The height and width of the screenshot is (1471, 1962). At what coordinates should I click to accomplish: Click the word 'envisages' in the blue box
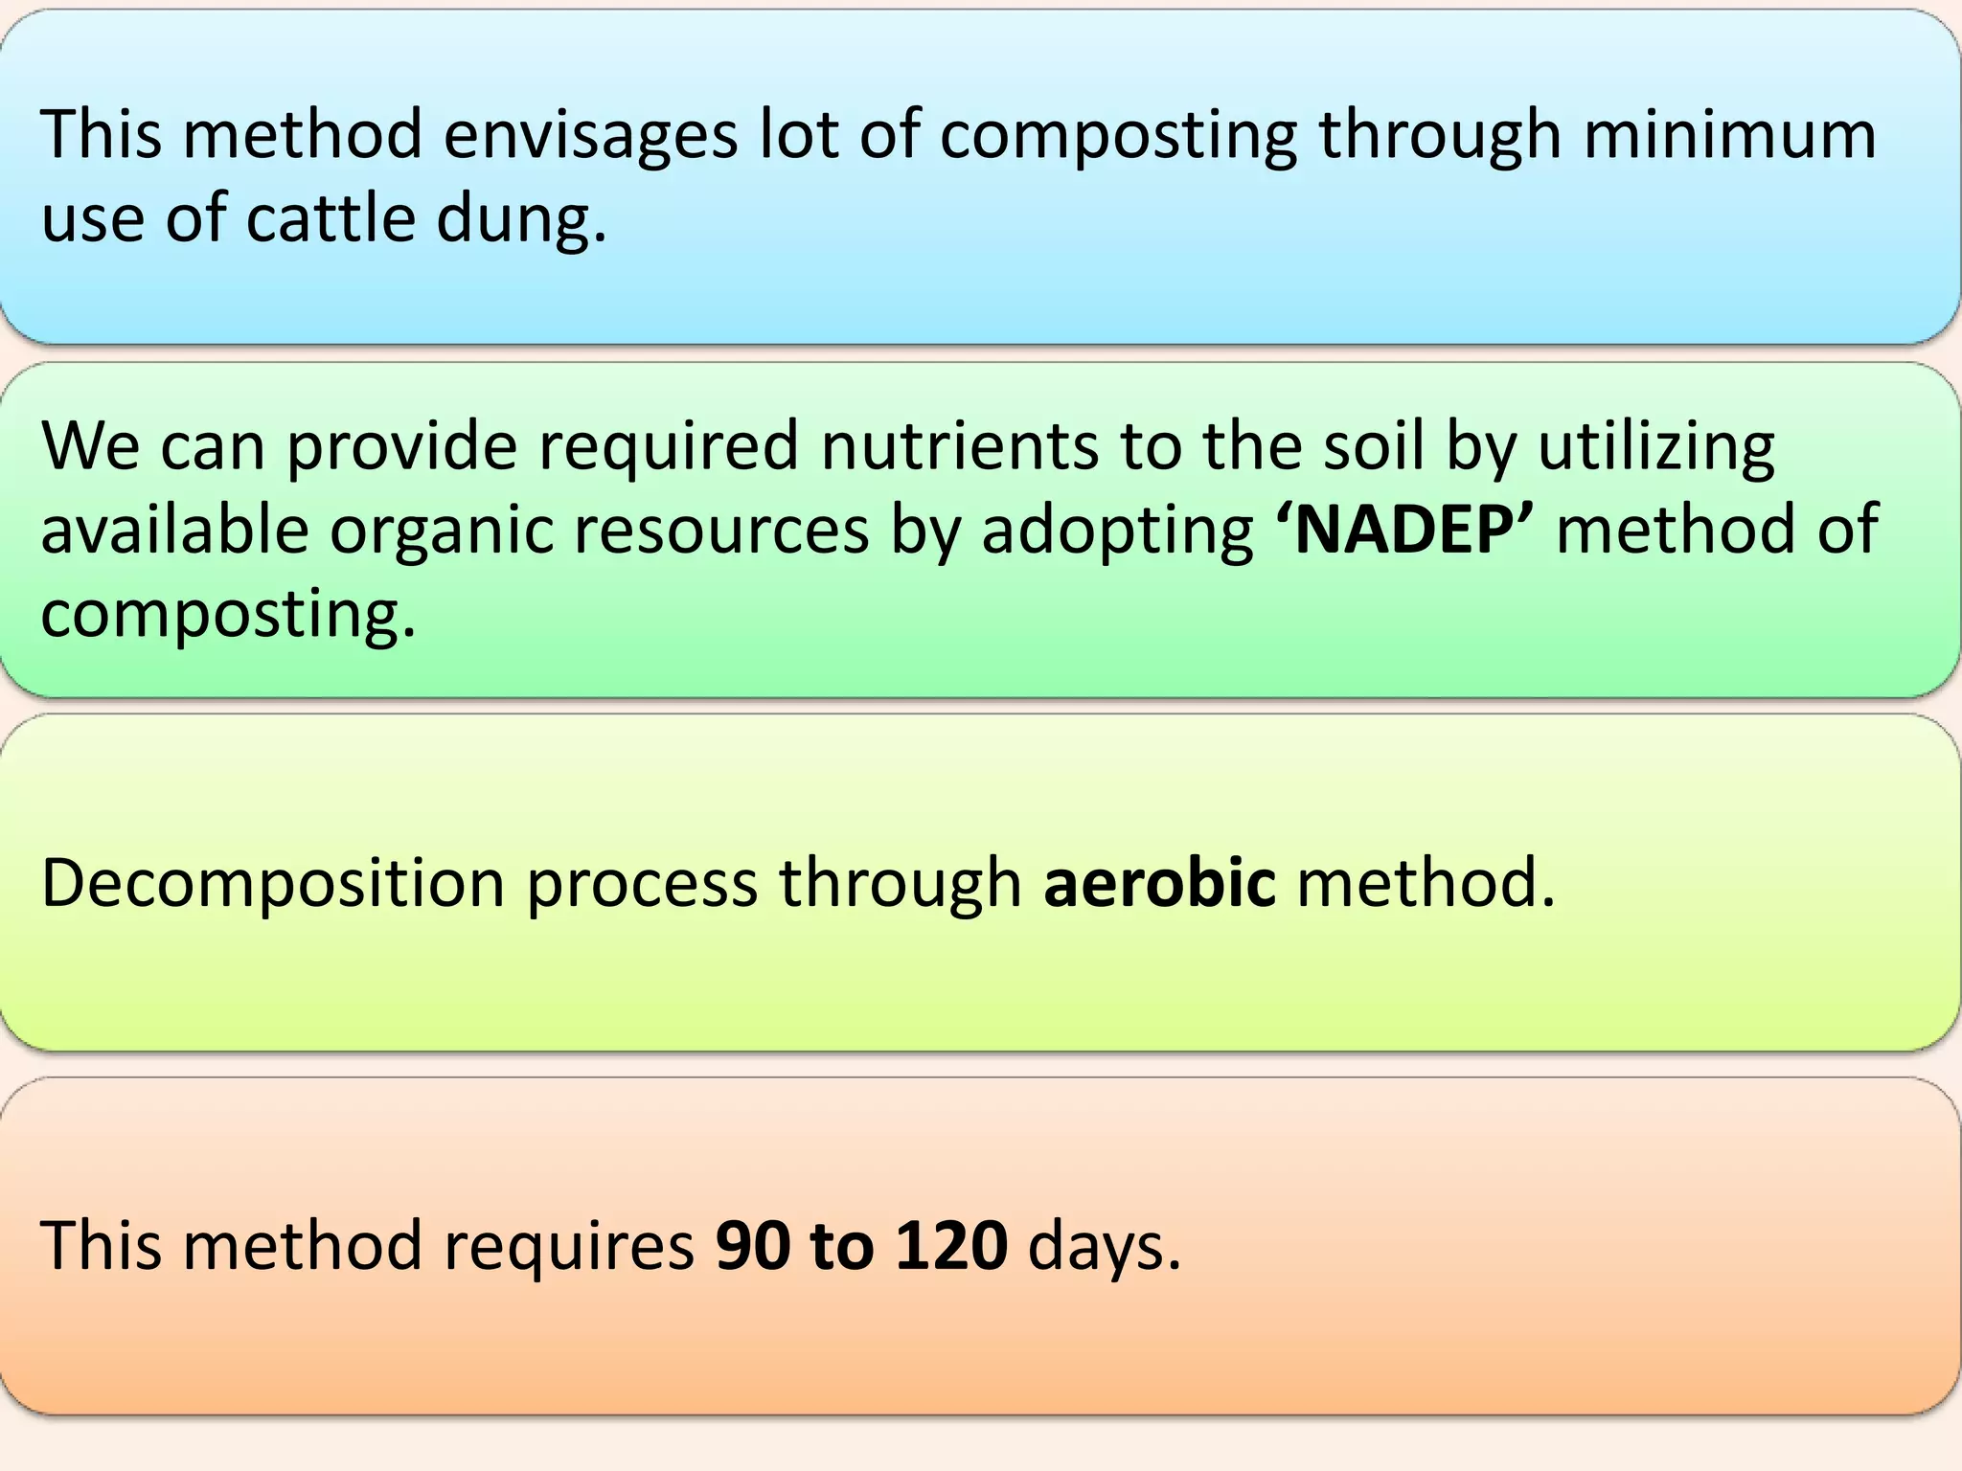pos(590,136)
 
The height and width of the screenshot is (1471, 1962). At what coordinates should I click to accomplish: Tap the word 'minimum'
pos(1729,136)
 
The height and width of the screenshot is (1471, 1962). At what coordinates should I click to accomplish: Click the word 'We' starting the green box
pos(90,446)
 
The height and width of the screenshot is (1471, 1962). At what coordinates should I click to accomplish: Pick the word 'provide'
pos(402,448)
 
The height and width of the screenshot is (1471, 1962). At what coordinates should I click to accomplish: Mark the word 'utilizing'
pos(1656,448)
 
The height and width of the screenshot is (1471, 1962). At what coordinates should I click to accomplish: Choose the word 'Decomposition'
pos(272,884)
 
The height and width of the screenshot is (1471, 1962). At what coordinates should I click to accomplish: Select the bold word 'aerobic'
pos(1159,882)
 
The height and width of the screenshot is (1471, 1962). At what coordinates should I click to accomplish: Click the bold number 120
pos(950,1246)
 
